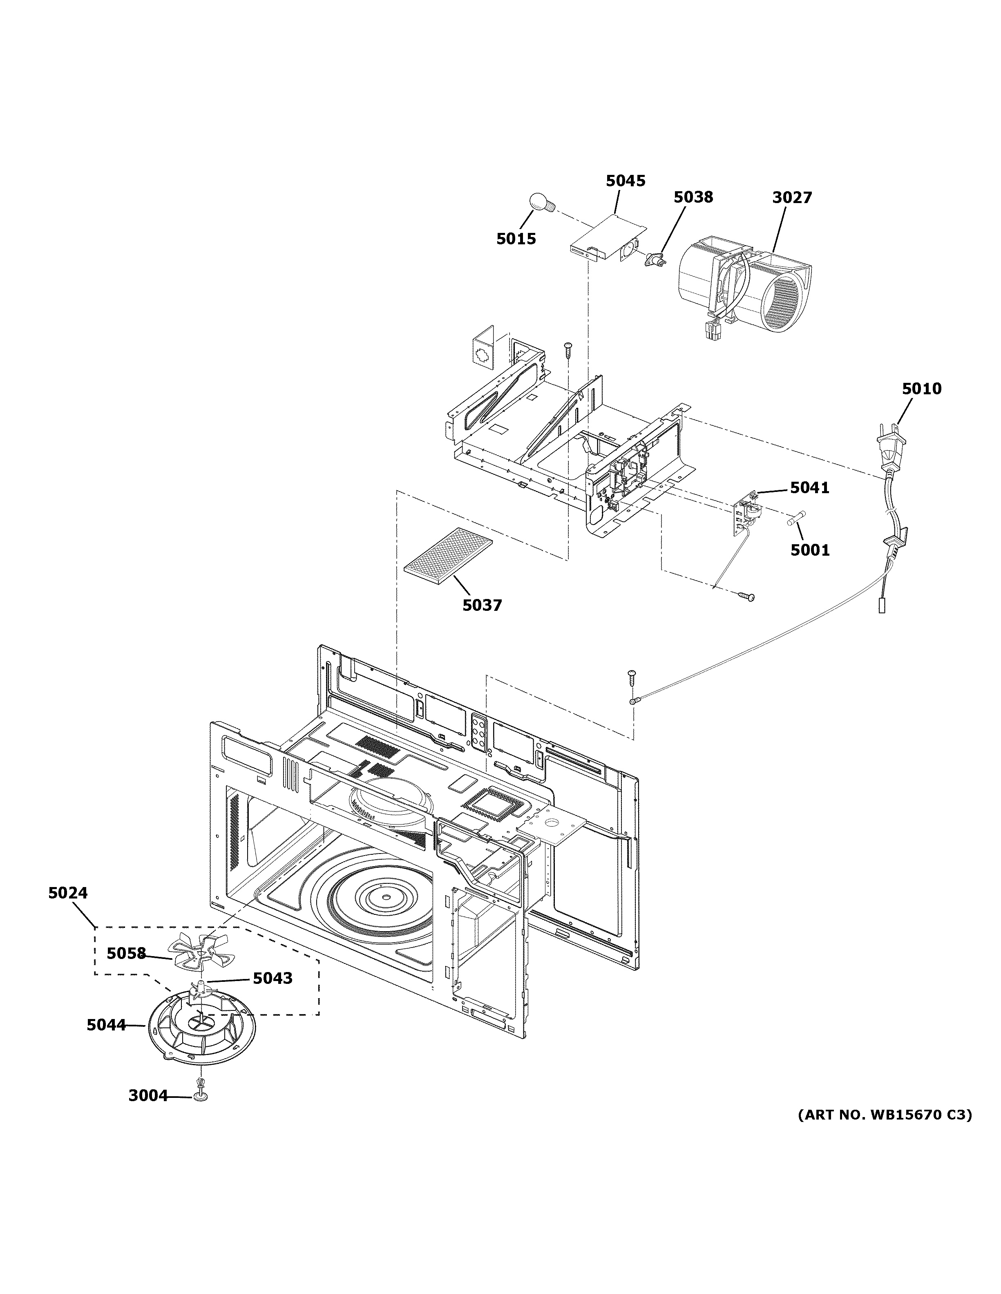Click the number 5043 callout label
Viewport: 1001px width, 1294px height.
click(x=273, y=978)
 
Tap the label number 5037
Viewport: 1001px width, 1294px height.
click(x=482, y=605)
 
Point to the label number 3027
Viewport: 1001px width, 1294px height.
click(x=791, y=197)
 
